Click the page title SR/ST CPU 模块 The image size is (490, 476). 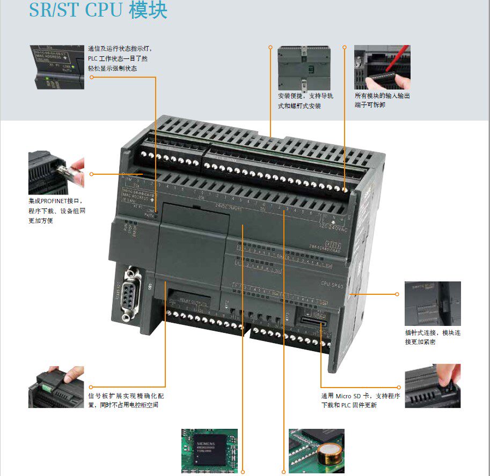(98, 11)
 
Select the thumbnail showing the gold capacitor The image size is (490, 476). (316, 450)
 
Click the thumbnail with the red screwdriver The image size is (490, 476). (382, 67)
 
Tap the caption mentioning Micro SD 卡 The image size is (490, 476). (361, 400)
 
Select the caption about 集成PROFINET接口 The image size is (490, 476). (57, 211)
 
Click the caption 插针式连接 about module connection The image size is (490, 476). (433, 337)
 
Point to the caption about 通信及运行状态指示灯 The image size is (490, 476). (118, 58)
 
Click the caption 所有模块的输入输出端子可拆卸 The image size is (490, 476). (382, 100)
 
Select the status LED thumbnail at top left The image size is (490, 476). (56, 67)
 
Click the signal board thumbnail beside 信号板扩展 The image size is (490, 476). (56, 386)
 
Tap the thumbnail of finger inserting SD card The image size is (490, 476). (433, 386)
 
